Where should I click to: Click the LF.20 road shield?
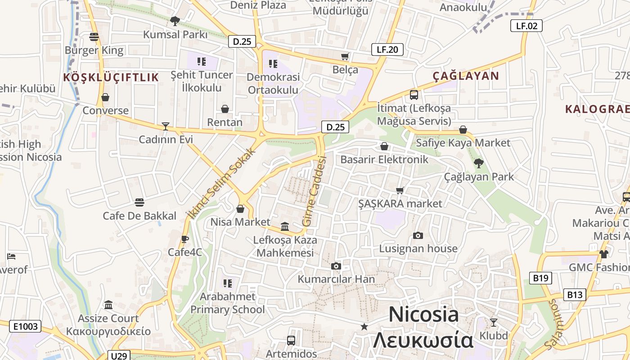pyautogui.click(x=387, y=49)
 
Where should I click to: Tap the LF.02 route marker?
pyautogui.click(x=526, y=26)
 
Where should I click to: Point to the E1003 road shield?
pyautogui.click(x=25, y=326)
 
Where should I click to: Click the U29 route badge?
pyautogui.click(x=119, y=356)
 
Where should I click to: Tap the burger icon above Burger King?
pyautogui.click(x=94, y=37)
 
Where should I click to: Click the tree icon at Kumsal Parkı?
pyautogui.click(x=175, y=21)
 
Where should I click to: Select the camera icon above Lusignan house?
pyautogui.click(x=418, y=235)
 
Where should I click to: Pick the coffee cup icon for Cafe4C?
pyautogui.click(x=184, y=239)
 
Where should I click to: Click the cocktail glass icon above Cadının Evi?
pyautogui.click(x=166, y=126)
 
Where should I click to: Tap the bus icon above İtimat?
pyautogui.click(x=414, y=95)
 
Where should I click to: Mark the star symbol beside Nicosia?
pyautogui.click(x=364, y=326)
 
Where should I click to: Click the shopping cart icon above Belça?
pyautogui.click(x=345, y=56)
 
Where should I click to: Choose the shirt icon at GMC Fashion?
pyautogui.click(x=603, y=254)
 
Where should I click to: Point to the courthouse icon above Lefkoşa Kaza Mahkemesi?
pyautogui.click(x=285, y=226)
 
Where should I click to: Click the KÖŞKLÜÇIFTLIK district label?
pyautogui.click(x=111, y=77)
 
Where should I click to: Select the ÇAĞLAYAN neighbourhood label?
pyautogui.click(x=466, y=76)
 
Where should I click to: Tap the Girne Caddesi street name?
pyautogui.click(x=314, y=191)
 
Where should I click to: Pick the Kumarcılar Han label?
pyautogui.click(x=336, y=279)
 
